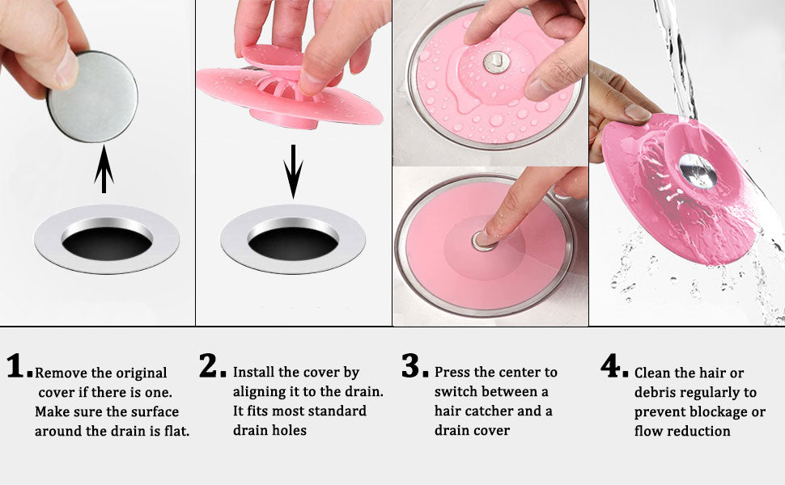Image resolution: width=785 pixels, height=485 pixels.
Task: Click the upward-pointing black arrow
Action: (104, 170)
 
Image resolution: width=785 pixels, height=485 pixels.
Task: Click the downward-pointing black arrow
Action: (294, 171)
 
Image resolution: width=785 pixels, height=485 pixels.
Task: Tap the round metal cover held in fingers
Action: (91, 95)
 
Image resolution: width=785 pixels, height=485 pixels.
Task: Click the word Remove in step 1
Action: (62, 373)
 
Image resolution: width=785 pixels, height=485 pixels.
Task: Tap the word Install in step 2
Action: (254, 373)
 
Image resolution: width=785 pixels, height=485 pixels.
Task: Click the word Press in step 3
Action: (453, 373)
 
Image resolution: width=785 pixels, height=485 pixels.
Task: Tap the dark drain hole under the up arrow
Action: (106, 241)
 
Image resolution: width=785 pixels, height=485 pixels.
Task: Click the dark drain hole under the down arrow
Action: (293, 241)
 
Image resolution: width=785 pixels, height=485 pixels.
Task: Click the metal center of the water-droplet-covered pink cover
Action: (493, 61)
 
